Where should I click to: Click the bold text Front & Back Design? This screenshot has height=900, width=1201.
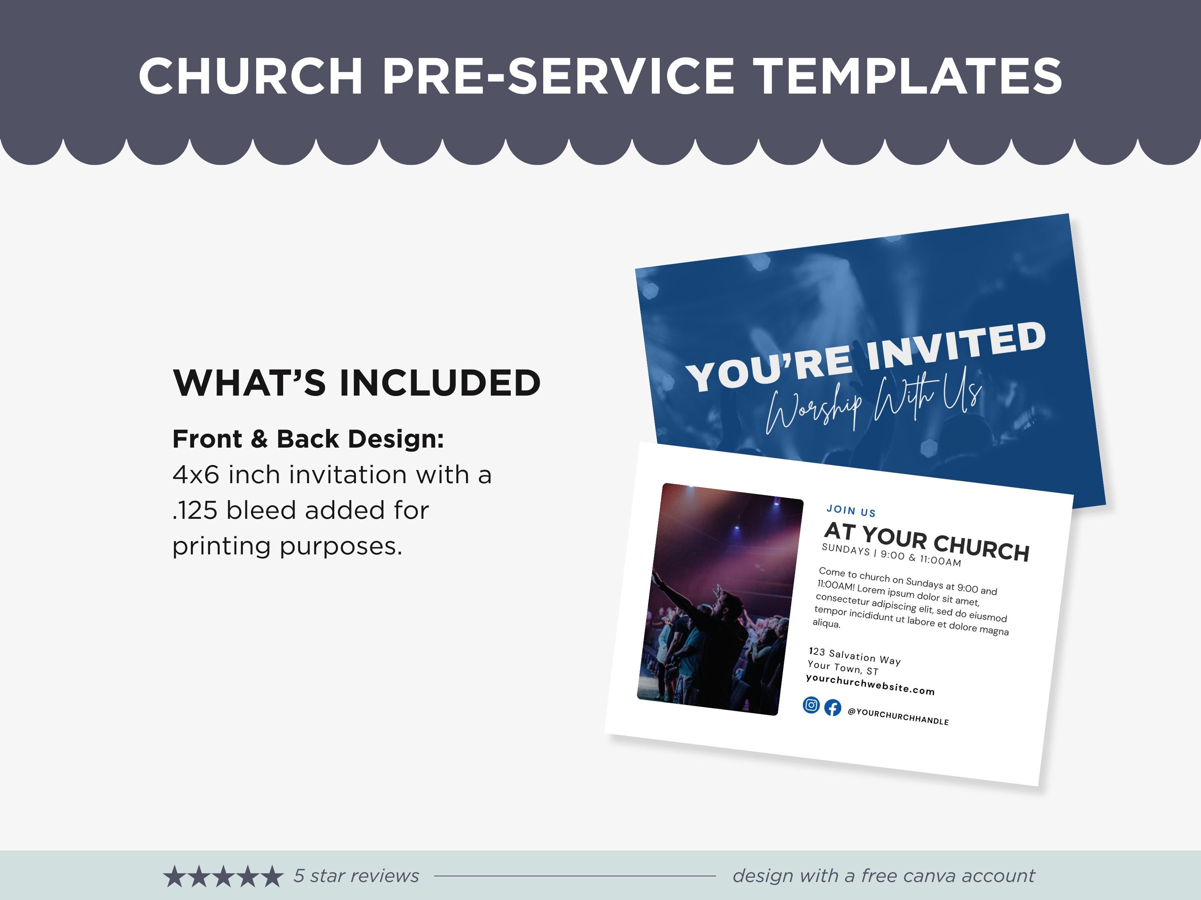coord(308,439)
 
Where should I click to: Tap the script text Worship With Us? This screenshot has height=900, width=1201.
coord(874,404)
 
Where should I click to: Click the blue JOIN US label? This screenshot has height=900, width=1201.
coord(851,510)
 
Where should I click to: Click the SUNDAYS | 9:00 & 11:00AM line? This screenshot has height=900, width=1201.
coord(892,555)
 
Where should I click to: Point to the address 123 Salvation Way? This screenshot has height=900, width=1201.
coord(855,656)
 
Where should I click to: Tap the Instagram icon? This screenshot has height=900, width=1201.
coord(811,705)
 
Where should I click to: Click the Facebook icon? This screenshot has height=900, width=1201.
coord(833,708)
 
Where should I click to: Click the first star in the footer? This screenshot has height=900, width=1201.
coord(174,876)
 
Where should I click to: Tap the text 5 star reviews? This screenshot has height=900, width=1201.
coord(356,876)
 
